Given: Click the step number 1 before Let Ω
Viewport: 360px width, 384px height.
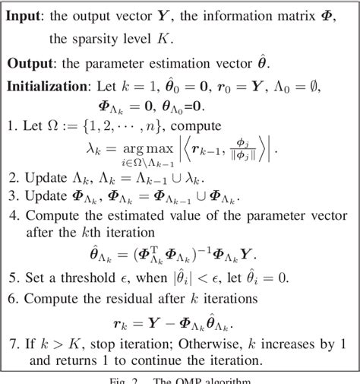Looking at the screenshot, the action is [x=11, y=125].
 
